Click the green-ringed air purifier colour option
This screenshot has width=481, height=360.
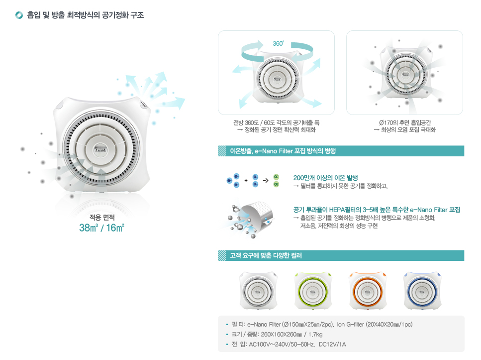pos(313,290)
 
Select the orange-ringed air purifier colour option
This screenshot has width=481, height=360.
pos(368,290)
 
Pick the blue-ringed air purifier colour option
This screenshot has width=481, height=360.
pos(422,290)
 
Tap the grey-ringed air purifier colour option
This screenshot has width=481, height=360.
pos(258,290)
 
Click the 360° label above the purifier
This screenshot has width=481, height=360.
pos(278,44)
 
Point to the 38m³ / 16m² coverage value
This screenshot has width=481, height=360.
pos(101,228)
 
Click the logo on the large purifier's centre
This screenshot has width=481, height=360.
pos(100,150)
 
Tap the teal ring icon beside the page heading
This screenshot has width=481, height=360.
pos(19,15)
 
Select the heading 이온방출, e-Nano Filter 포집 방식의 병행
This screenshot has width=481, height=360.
pos(283,151)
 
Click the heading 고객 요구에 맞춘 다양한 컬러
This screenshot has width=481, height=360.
pos(266,255)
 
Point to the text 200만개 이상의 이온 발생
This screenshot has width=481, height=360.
pos(325,178)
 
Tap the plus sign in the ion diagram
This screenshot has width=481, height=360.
pos(246,180)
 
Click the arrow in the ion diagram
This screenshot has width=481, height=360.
pos(266,180)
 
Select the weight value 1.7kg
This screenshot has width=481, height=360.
pos(315,334)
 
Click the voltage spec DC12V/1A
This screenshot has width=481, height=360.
pos(332,345)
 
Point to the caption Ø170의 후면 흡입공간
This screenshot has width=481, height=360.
pos(405,122)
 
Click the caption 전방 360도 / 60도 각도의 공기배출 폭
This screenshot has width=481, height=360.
pos(277,122)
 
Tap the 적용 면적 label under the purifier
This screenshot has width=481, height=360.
pos(102,218)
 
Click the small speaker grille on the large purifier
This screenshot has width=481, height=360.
pos(144,105)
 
